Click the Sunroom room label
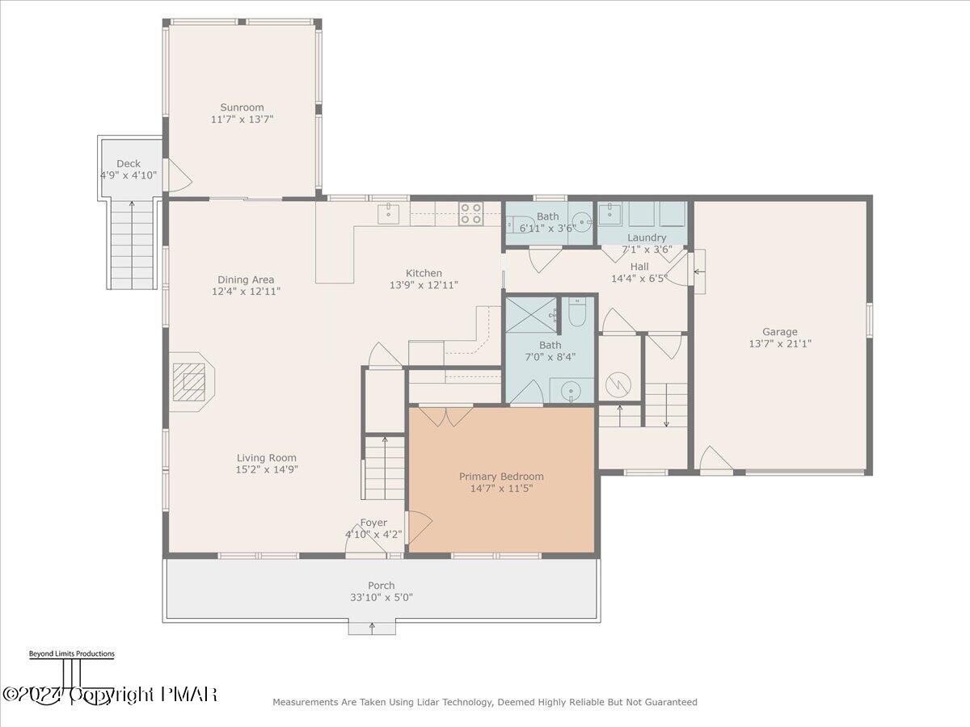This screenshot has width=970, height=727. [242, 107]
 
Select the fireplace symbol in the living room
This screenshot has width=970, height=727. [192, 381]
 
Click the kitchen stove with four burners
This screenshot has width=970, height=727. [471, 213]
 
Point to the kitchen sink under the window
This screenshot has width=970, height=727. [389, 213]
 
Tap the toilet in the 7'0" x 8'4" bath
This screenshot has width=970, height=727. [577, 313]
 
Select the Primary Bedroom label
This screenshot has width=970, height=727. [501, 477]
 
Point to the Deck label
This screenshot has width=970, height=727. [129, 163]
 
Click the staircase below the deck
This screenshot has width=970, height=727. [132, 242]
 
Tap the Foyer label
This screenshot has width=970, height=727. [373, 523]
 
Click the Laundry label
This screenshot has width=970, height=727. [647, 237]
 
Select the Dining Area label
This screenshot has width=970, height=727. [243, 279]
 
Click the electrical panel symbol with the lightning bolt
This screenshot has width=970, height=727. [618, 383]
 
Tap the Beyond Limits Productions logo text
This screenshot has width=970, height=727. [71, 654]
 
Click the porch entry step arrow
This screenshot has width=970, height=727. [373, 627]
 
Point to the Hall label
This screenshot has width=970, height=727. [639, 267]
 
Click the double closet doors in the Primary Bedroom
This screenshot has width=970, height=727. [449, 416]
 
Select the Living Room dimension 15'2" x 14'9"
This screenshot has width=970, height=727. [267, 469]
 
